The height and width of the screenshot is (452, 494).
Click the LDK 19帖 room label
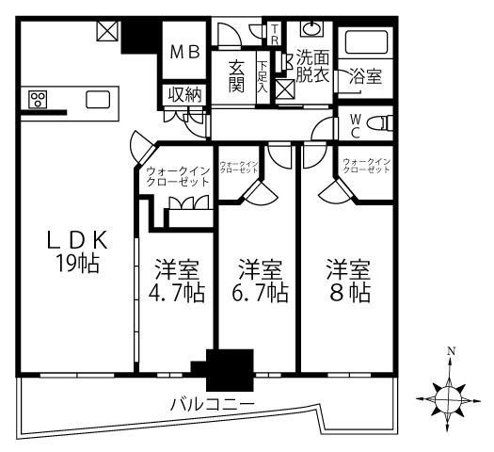(x=78, y=251)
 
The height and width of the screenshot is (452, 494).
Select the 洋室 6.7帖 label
(x=258, y=280)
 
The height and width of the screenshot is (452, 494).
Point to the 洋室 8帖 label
(x=347, y=280)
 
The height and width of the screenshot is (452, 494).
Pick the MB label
(x=184, y=53)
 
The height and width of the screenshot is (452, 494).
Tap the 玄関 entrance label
(x=237, y=76)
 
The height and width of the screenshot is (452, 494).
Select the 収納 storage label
(x=184, y=94)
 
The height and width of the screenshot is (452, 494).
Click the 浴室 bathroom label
(x=367, y=77)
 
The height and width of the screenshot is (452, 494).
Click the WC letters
(x=355, y=125)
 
